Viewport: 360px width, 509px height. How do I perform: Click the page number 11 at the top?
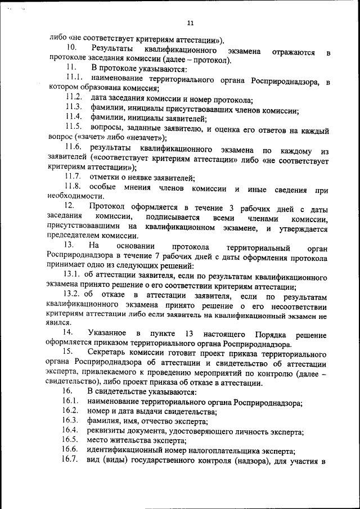(x=190, y=23)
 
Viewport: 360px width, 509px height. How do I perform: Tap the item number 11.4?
(x=74, y=117)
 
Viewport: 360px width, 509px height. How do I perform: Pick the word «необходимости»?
(x=75, y=196)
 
